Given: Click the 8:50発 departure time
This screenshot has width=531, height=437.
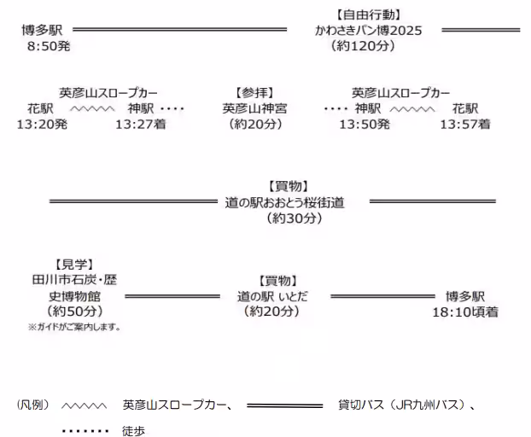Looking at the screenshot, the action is pos(49,46).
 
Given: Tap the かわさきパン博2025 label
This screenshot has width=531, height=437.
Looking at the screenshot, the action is pos(369,31).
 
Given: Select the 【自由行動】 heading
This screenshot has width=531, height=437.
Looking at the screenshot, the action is pos(369,15).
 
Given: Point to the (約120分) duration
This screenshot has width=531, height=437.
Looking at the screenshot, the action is pos(363,46).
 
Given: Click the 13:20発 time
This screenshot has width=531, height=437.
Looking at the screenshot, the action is pos(42,125).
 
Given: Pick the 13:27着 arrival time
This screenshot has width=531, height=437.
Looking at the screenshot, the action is pos(141,125).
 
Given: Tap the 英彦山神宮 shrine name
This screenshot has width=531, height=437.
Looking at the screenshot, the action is pos(254,108).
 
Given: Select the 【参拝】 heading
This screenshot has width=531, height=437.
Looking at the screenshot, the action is pos(254,93).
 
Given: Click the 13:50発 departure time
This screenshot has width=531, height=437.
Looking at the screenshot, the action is pos(365,125).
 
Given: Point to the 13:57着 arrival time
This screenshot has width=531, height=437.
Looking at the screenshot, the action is pos(465,125).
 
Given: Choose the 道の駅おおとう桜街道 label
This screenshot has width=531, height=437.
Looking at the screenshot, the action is pos(285,202).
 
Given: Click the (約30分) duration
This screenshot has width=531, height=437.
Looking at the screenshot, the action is pos(295,218).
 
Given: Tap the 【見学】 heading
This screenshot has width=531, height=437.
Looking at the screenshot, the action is pos(74,265).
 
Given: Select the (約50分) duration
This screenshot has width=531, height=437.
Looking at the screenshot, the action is pos(75,311).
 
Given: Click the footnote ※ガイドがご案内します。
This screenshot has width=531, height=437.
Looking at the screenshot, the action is pos(74,327).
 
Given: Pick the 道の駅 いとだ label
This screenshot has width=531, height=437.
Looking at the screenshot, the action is pos(272,296).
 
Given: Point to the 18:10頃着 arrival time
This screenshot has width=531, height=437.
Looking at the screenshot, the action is pos(465,312).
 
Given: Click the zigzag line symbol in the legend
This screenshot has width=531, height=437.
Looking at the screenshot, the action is pos(84,405).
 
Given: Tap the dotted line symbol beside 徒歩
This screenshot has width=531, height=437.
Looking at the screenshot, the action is pos(85,431).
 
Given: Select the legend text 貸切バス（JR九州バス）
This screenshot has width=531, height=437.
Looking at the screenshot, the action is pos(401,405).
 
